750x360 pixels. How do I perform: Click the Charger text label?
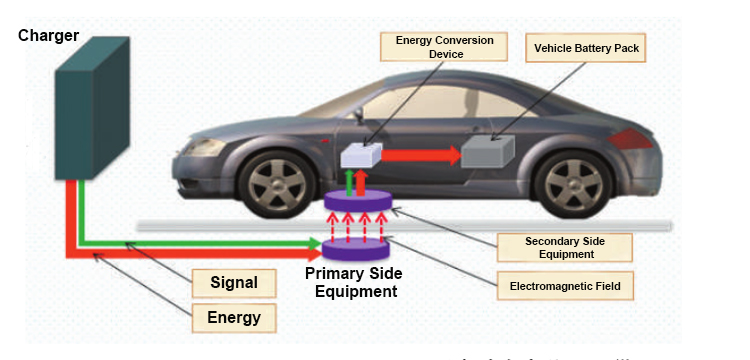(x=49, y=36)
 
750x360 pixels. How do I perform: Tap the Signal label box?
(x=234, y=283)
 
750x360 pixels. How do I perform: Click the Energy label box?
(x=234, y=318)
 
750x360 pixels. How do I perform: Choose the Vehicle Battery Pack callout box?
(x=585, y=47)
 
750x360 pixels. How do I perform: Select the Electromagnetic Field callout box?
(x=565, y=286)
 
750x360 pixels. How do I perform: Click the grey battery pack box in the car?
(x=488, y=154)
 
